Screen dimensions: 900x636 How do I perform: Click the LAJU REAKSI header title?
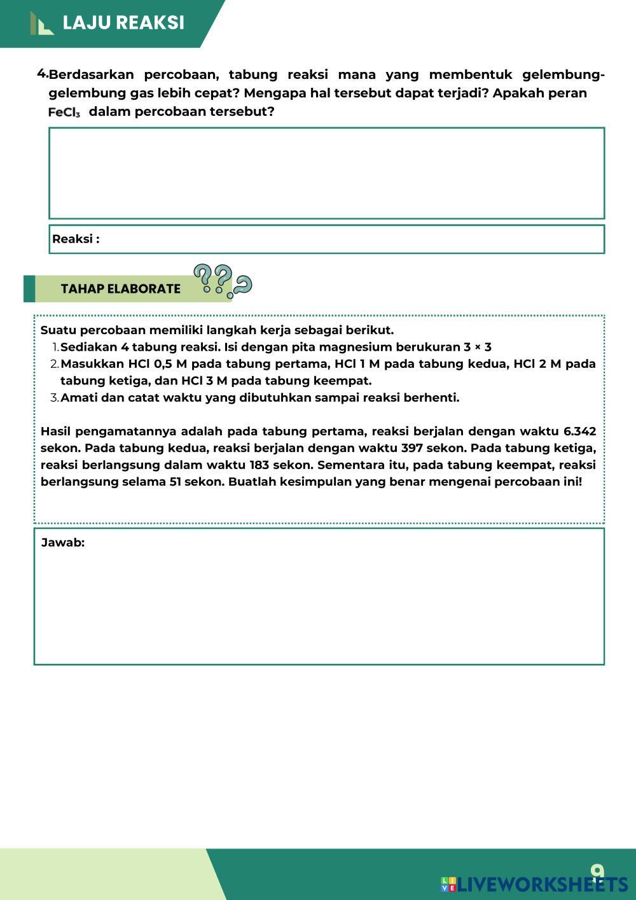coord(123,23)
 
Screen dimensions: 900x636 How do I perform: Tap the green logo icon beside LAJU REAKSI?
coord(41,24)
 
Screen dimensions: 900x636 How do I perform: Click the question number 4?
coord(42,73)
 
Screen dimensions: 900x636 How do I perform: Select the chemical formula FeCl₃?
coord(64,113)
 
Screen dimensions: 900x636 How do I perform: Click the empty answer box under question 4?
coord(326,172)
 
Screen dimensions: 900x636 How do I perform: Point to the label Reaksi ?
coord(76,239)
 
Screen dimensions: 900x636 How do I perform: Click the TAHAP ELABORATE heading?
coord(120,288)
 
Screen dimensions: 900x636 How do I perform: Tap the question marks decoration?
coord(222,281)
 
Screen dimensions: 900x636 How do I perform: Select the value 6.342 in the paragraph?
coord(579,432)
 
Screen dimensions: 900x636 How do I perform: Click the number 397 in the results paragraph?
coord(412,448)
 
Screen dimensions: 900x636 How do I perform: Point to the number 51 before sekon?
coord(176,481)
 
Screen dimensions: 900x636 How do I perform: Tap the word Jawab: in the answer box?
coord(62,543)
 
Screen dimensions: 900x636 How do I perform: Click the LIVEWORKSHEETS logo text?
coord(542,884)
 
